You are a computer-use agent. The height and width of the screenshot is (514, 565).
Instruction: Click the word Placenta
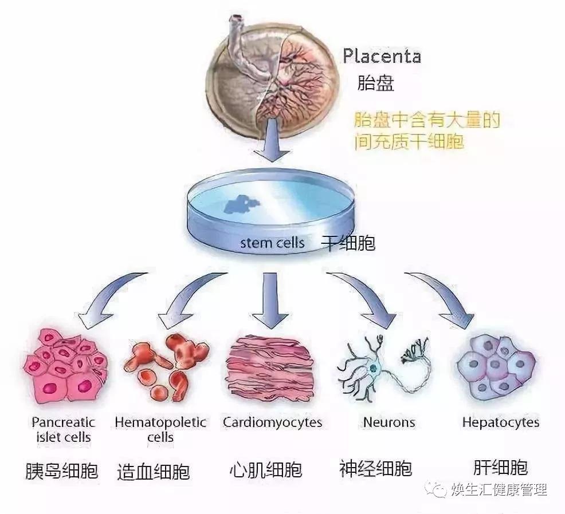382,56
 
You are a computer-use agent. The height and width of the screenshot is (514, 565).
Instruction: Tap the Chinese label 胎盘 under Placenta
375,84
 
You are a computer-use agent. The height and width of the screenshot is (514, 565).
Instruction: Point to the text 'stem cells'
272,242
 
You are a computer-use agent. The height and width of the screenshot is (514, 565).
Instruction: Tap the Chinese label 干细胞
348,243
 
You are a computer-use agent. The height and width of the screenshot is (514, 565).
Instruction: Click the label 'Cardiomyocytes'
272,423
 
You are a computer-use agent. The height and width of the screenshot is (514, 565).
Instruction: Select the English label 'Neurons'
389,423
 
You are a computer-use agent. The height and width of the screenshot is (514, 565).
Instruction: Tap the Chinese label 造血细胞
153,472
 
